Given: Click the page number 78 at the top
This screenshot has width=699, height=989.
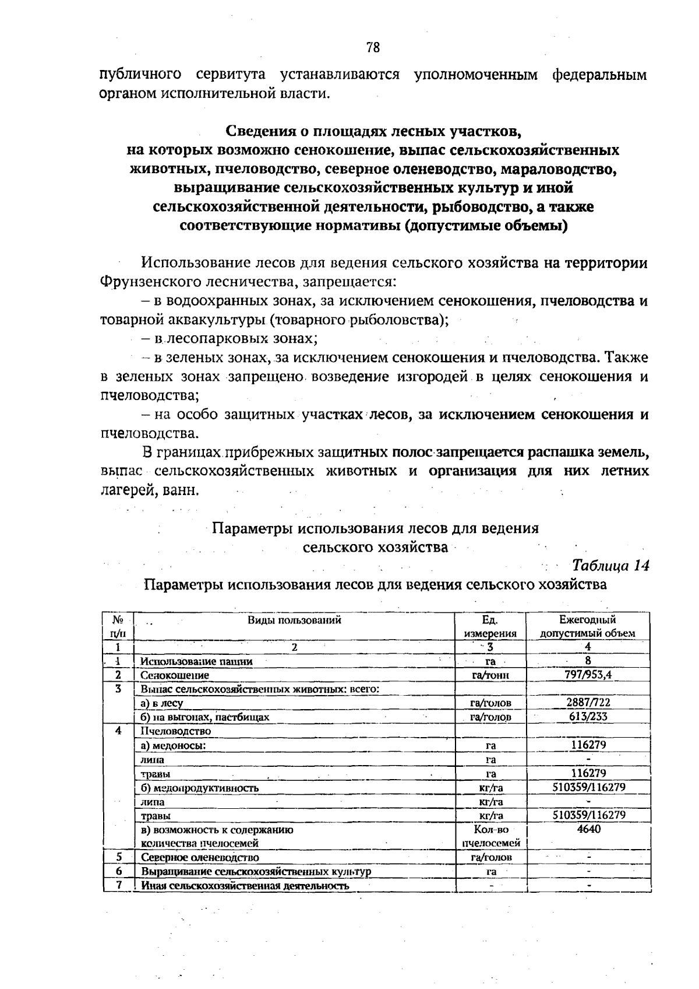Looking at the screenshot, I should tap(373, 48).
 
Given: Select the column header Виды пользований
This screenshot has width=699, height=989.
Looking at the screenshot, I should tap(294, 620).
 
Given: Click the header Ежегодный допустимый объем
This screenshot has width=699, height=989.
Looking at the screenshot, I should tap(587, 626).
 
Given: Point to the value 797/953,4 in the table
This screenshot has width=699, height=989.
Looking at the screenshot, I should tap(588, 675).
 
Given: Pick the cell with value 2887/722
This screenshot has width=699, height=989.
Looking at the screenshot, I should tap(588, 703).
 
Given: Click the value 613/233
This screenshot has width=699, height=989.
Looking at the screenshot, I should tap(588, 717).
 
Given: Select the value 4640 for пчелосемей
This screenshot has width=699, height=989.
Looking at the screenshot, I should tap(588, 829).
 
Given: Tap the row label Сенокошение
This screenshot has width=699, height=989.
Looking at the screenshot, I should tap(175, 675).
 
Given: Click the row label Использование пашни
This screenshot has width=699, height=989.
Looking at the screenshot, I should tap(197, 661).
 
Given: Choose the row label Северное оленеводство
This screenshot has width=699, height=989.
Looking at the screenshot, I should tap(200, 857).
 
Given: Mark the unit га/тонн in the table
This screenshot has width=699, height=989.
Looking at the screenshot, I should tap(490, 675).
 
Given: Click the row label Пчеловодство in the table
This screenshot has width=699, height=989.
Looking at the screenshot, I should tap(176, 731).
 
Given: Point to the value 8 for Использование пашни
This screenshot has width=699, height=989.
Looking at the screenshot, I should tap(588, 661).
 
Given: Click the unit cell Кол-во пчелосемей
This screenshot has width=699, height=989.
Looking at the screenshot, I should tap(490, 836).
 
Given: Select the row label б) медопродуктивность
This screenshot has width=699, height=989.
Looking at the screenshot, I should tap(200, 788).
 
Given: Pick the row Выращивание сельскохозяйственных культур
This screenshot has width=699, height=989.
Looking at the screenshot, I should tap(256, 872).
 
